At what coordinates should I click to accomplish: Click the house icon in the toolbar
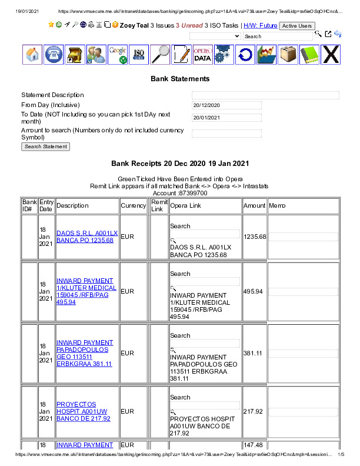(x=33, y=54)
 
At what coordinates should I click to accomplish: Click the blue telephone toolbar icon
(x=54, y=54)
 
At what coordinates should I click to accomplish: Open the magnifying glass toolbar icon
(x=160, y=54)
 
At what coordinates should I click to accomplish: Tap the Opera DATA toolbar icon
(x=202, y=54)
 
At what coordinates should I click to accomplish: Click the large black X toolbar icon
(x=331, y=54)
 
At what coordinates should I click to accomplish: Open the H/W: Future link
(x=260, y=26)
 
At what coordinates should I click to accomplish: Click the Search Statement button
(x=45, y=147)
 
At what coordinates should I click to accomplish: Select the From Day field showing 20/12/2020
(x=226, y=105)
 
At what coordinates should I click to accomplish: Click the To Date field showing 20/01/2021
(x=226, y=118)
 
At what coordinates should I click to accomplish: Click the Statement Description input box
(x=265, y=95)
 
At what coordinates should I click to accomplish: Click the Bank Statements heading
(x=180, y=78)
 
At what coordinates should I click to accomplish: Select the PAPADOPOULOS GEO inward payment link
(x=85, y=353)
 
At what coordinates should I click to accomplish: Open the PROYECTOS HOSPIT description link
(x=84, y=411)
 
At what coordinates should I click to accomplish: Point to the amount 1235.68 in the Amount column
(x=255, y=237)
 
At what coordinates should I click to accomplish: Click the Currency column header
(x=134, y=206)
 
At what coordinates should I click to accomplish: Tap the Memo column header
(x=277, y=206)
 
